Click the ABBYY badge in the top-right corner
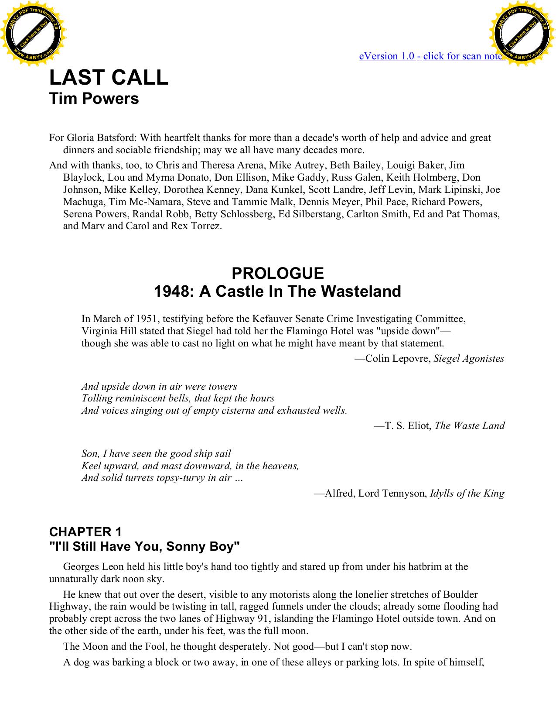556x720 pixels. [522, 34]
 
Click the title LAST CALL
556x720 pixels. [109, 78]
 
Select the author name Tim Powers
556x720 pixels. [94, 99]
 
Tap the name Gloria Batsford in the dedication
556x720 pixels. [101, 138]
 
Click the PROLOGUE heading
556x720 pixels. [277, 274]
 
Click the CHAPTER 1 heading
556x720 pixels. [85, 532]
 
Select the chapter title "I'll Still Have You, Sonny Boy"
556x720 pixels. [144, 546]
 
